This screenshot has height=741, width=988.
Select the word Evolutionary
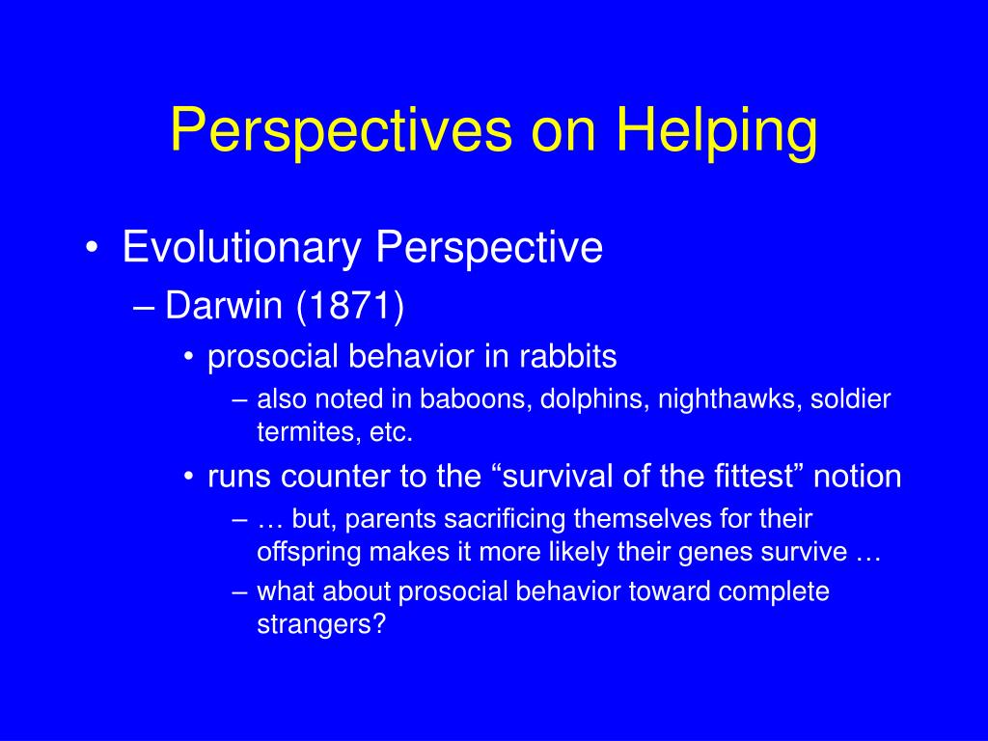[x=241, y=248]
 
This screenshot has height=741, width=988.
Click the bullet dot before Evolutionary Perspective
[x=92, y=248]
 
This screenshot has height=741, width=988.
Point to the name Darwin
[x=224, y=306]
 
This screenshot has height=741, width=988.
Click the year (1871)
[x=349, y=307]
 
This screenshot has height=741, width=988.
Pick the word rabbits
[x=567, y=357]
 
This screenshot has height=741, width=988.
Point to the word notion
[x=858, y=477]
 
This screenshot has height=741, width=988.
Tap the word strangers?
[x=321, y=625]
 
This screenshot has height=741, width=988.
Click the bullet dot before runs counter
[x=188, y=477]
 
